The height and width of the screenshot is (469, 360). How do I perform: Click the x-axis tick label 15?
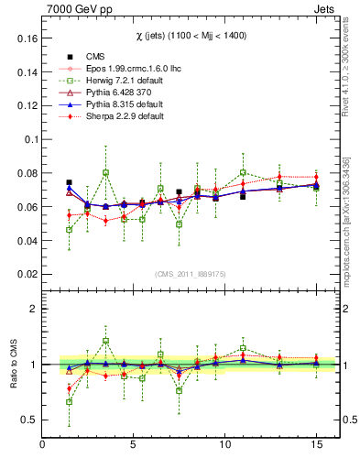(x=316, y=446)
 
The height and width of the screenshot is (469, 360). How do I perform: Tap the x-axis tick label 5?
(x=134, y=446)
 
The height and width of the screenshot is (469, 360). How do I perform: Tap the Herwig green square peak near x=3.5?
(x=106, y=172)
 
